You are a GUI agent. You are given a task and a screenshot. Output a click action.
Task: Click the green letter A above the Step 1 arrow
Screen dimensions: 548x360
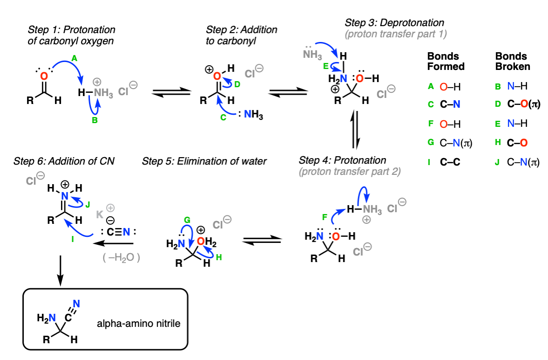tap(74, 58)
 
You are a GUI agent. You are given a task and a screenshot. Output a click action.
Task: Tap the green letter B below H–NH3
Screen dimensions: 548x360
tap(95, 120)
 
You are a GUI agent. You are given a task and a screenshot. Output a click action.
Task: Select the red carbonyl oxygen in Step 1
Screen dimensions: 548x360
tap(44, 76)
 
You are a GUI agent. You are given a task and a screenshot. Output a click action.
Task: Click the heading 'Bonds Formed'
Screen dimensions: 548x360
tap(445, 61)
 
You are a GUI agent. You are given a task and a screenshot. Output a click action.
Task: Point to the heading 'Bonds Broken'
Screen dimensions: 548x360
tap(513, 61)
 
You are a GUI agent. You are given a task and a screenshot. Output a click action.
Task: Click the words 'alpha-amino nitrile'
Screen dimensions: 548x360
tap(139, 323)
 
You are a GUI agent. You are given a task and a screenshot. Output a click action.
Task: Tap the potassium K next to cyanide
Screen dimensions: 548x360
tap(100, 214)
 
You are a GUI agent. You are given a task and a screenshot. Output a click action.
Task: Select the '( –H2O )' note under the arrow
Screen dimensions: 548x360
tap(121, 258)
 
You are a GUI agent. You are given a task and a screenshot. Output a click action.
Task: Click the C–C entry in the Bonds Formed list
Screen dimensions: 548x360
tap(450, 162)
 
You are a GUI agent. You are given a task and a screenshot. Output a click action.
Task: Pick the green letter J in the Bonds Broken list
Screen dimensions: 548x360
tap(497, 162)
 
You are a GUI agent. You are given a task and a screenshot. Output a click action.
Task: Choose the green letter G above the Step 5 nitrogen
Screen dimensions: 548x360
tap(187, 220)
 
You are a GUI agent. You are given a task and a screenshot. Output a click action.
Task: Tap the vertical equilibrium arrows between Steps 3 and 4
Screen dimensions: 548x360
tap(355, 130)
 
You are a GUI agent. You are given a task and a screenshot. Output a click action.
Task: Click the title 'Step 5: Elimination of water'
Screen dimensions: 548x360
tap(204, 161)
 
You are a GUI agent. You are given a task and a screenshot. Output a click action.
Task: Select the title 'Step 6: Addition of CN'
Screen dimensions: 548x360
tap(64, 161)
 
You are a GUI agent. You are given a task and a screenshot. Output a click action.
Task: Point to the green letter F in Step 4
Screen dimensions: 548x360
tap(325, 217)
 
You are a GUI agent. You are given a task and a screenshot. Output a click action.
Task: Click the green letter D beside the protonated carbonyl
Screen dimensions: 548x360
tap(237, 84)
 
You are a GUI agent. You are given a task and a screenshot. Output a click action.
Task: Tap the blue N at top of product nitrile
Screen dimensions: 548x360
tap(76, 304)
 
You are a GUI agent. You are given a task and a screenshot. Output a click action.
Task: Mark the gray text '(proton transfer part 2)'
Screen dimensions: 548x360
tap(349, 172)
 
